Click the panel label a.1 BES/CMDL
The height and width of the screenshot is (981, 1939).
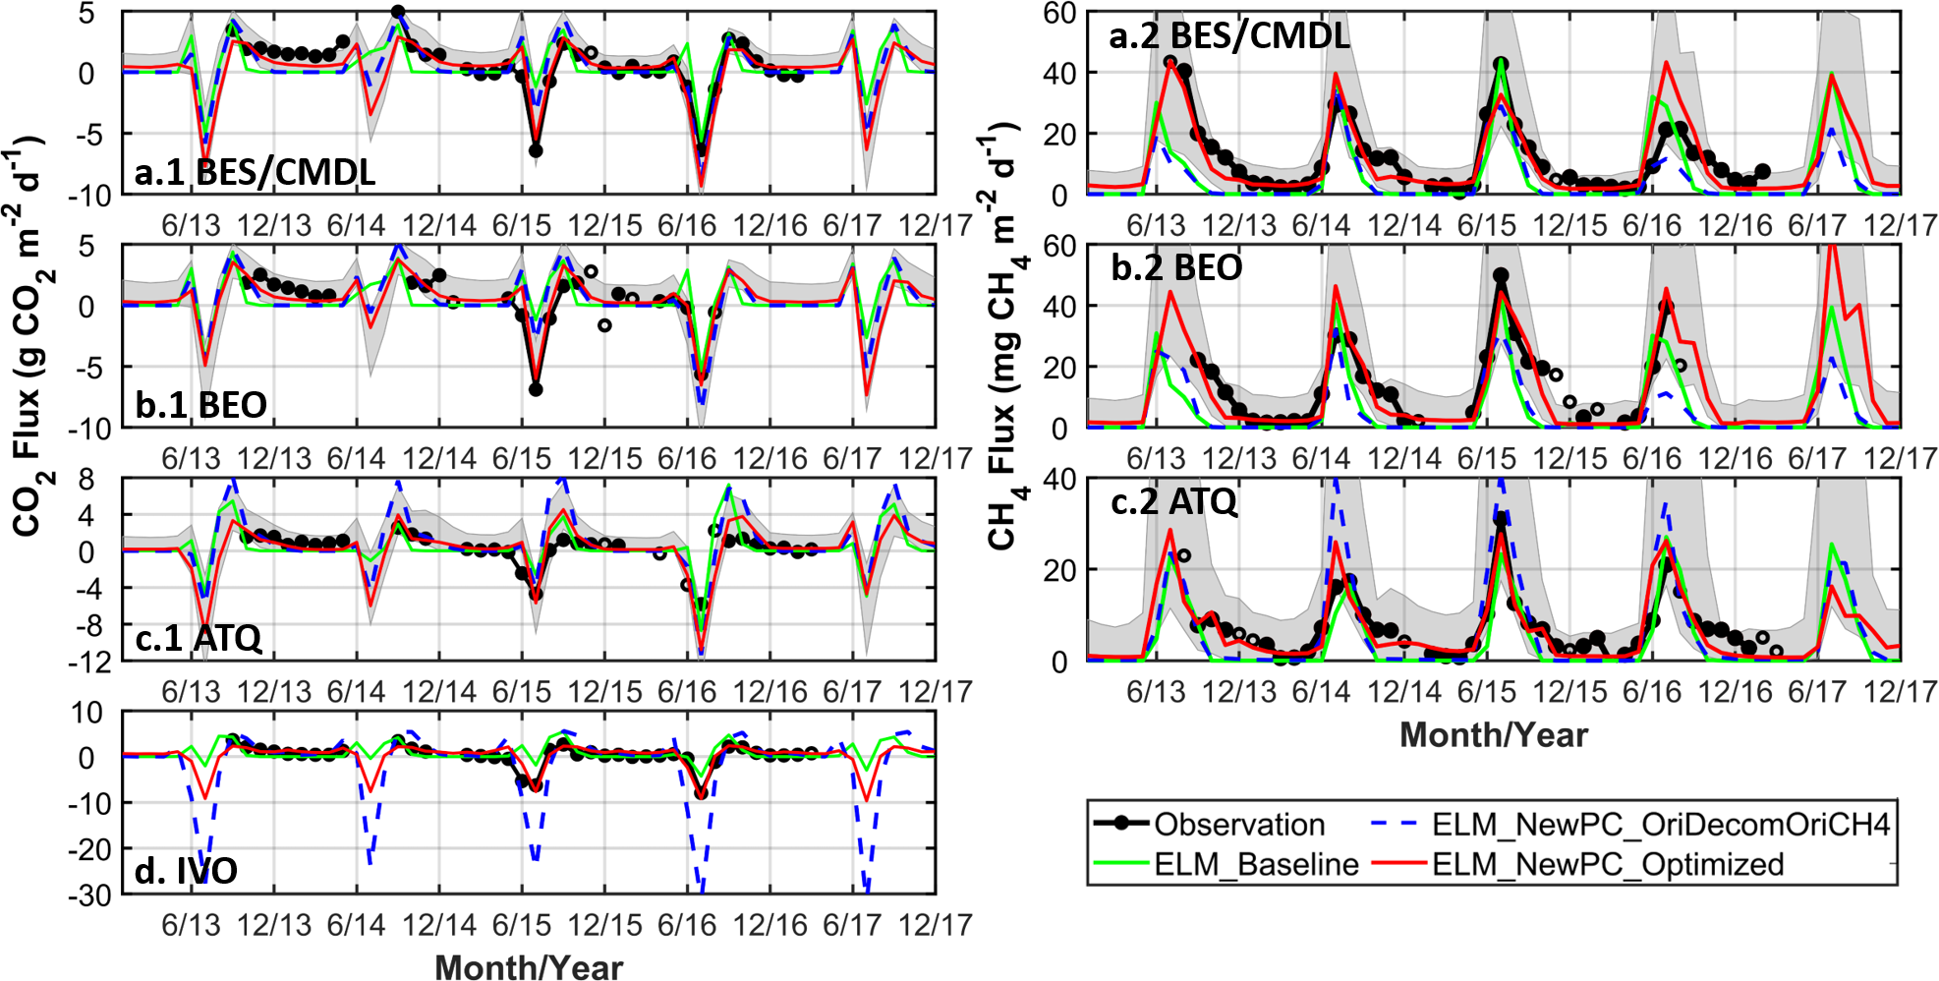[x=255, y=172]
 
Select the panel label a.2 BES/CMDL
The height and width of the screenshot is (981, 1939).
[x=1228, y=36]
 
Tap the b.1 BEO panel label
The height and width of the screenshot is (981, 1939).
[x=200, y=405]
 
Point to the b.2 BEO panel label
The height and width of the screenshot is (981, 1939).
[x=1176, y=267]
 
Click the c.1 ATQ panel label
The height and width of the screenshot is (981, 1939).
[x=199, y=638]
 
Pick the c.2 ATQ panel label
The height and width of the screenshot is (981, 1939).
[x=1173, y=502]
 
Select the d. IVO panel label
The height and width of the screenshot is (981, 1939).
[x=186, y=871]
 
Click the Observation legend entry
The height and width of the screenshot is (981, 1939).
[x=1238, y=824]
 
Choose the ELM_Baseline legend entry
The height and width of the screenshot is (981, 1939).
[x=1255, y=864]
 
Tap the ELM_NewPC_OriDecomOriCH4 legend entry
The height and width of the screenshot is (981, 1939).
[x=1660, y=824]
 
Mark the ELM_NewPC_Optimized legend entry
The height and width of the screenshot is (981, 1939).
[x=1607, y=864]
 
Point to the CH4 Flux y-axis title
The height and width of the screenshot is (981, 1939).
[x=1002, y=334]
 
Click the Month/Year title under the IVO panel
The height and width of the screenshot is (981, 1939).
[x=529, y=966]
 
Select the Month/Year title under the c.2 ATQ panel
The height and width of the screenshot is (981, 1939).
[x=1493, y=734]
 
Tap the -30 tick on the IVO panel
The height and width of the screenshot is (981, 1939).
[x=88, y=894]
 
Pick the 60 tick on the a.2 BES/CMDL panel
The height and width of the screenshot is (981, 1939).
[x=1058, y=13]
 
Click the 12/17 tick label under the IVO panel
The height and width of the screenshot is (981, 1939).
[x=936, y=925]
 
